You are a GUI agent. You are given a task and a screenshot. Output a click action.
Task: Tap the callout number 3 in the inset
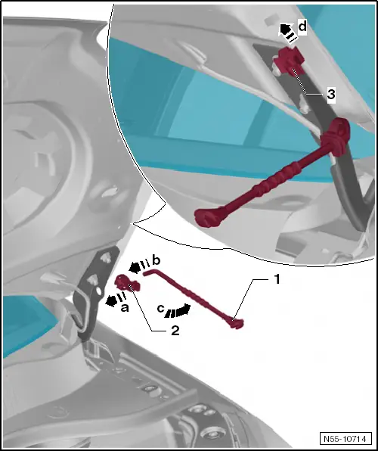click(x=330, y=95)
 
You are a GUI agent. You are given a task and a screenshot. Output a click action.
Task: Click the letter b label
click(x=156, y=260)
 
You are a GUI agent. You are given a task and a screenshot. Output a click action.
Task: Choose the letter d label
click(x=302, y=26)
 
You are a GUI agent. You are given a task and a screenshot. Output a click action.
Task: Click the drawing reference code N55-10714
click(x=344, y=437)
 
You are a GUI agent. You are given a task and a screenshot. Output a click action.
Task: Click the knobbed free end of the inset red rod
click(x=205, y=218)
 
